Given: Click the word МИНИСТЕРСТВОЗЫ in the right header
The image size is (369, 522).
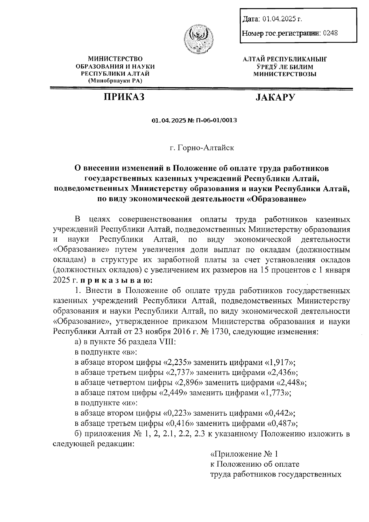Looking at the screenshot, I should (x=284, y=74).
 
